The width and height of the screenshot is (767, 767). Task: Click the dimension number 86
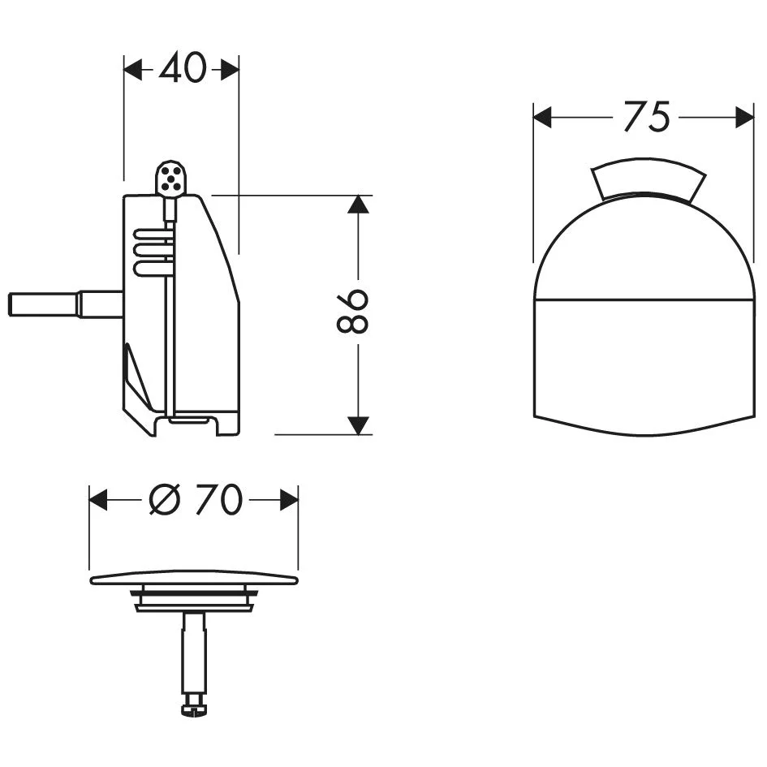click(355, 311)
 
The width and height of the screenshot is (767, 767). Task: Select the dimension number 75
click(646, 118)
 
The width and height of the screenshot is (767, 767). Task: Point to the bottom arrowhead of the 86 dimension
click(358, 424)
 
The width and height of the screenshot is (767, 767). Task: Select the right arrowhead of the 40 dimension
click(230, 71)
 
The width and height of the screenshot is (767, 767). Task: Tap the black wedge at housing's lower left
click(136, 381)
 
